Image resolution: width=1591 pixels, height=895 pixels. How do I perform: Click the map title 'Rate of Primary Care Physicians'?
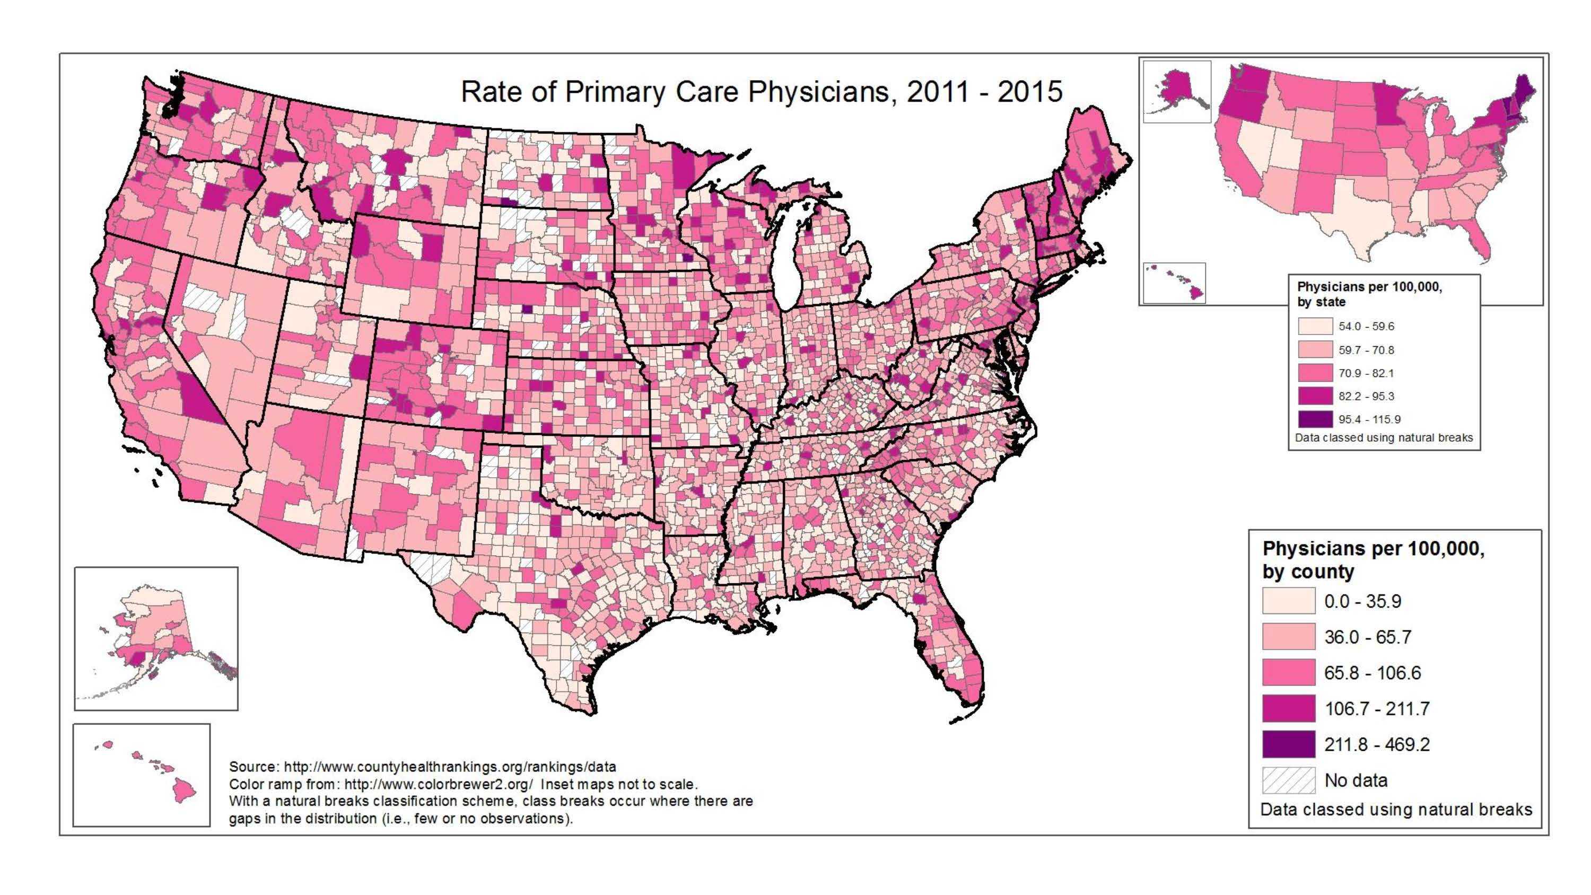pyautogui.click(x=761, y=92)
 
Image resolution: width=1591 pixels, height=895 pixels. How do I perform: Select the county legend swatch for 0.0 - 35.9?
pyautogui.click(x=1288, y=601)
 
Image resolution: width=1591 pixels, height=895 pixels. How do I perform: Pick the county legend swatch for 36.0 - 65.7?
pyautogui.click(x=1288, y=637)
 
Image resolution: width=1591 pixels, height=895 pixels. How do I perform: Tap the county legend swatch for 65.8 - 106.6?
pyautogui.click(x=1288, y=673)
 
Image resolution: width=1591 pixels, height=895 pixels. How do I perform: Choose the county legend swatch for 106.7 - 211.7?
pyautogui.click(x=1288, y=708)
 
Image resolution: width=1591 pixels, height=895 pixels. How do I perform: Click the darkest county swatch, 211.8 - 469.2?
pyautogui.click(x=1288, y=744)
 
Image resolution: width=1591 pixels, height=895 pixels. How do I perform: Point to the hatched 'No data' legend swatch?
pyautogui.click(x=1288, y=780)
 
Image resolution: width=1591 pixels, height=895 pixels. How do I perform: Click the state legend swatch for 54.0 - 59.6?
pyautogui.click(x=1315, y=326)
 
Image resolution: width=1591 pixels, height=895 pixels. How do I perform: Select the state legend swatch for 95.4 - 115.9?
pyautogui.click(x=1315, y=419)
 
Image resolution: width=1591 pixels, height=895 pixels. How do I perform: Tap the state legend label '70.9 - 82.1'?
pyautogui.click(x=1366, y=373)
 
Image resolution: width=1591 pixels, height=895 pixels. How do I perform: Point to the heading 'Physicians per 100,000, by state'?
pyautogui.click(x=1369, y=294)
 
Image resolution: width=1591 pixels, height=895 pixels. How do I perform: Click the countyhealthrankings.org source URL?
pyautogui.click(x=450, y=767)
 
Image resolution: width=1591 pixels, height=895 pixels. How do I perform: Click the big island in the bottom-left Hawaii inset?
pyautogui.click(x=183, y=790)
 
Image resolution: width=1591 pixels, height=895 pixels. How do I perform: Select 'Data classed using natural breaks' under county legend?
pyautogui.click(x=1396, y=809)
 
